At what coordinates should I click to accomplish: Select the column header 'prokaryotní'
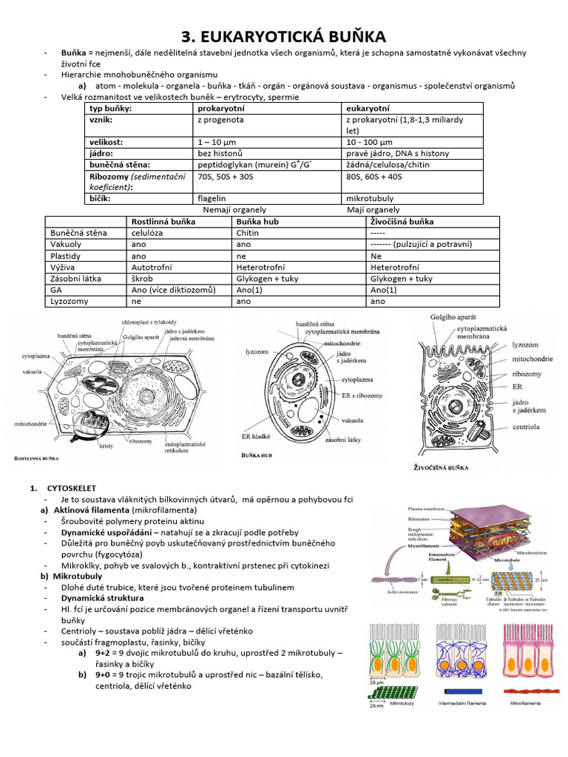click(220, 108)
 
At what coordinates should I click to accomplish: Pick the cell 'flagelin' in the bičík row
click(212, 198)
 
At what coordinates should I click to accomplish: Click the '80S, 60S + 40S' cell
click(373, 176)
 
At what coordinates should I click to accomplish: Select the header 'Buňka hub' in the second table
click(259, 221)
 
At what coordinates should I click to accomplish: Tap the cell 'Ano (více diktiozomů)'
click(173, 290)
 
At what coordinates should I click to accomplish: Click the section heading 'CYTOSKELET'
click(70, 488)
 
